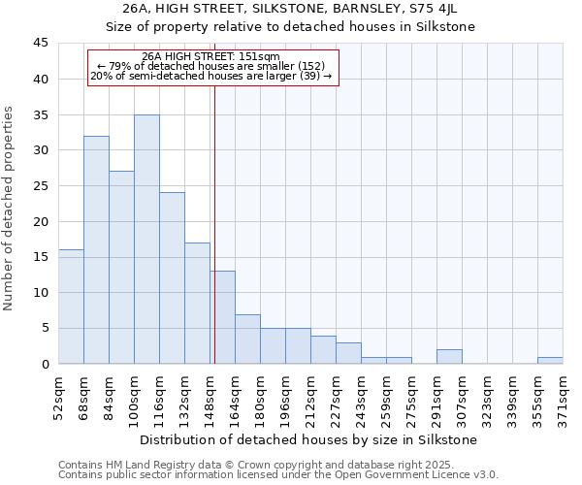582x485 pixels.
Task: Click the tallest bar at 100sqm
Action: click(146, 240)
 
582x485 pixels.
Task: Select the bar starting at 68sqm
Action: click(96, 250)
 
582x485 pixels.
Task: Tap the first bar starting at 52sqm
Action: click(71, 307)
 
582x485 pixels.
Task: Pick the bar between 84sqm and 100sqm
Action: click(121, 268)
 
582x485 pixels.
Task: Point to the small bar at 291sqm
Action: click(449, 357)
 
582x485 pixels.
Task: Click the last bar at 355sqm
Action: click(550, 360)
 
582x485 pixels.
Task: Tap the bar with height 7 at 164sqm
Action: click(247, 339)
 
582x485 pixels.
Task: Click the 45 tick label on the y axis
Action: click(40, 44)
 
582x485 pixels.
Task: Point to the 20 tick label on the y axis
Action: click(40, 221)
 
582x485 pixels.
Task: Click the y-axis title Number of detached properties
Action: click(10, 210)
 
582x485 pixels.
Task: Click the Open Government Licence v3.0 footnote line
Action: click(278, 475)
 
